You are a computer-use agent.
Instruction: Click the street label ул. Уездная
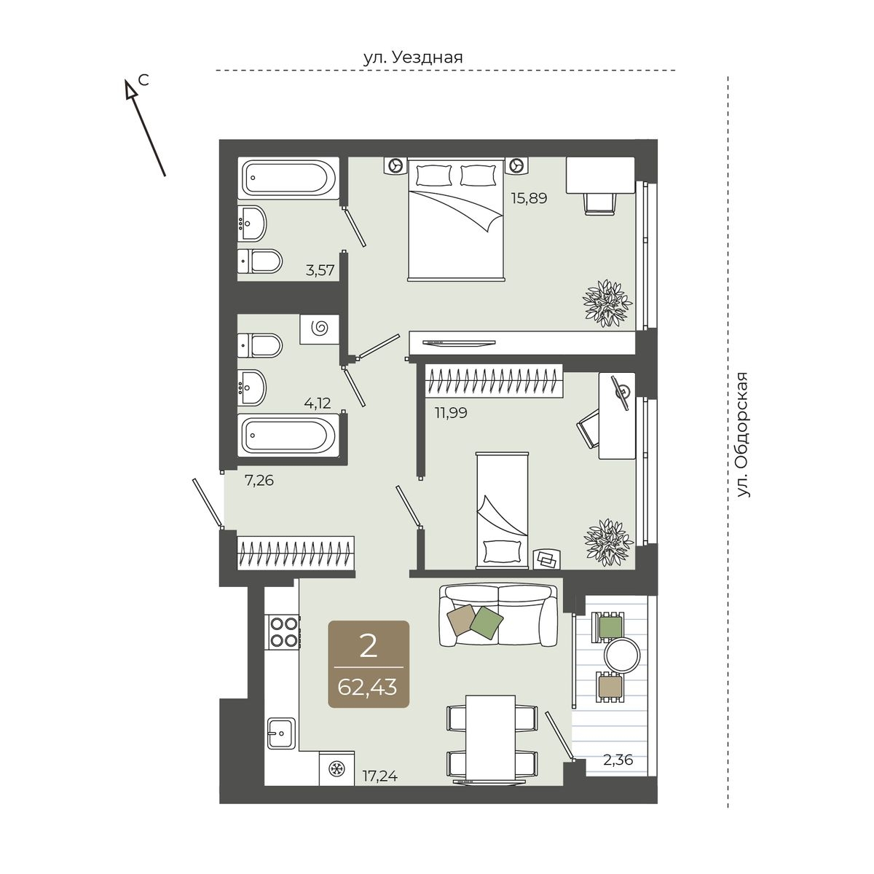(x=413, y=58)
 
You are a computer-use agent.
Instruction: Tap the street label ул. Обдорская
(x=742, y=435)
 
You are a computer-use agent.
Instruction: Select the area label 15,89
(x=529, y=198)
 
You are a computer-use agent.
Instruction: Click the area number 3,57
(x=320, y=270)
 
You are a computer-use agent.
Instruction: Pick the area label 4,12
(x=318, y=403)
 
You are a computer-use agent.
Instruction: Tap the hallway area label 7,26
(x=259, y=480)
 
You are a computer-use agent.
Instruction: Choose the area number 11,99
(x=451, y=413)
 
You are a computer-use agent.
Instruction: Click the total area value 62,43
(x=367, y=687)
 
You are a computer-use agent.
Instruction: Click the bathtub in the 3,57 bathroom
(x=288, y=178)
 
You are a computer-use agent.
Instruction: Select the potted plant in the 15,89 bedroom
(x=607, y=303)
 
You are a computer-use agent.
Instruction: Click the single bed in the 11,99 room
(x=502, y=511)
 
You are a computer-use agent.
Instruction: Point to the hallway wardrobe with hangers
(x=296, y=557)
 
